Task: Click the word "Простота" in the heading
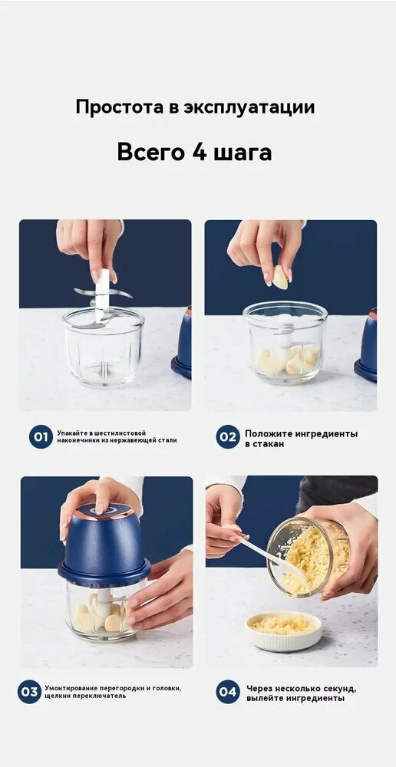tap(120, 107)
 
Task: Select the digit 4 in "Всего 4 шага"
tap(200, 152)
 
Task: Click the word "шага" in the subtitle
tap(243, 154)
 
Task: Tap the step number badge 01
tap(41, 436)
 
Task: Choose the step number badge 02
tap(228, 436)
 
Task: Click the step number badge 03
tap(29, 692)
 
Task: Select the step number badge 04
tap(228, 692)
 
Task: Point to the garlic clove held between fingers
tap(280, 277)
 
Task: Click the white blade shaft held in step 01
tap(102, 295)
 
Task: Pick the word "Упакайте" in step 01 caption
tap(71, 433)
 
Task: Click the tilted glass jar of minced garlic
tap(309, 557)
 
